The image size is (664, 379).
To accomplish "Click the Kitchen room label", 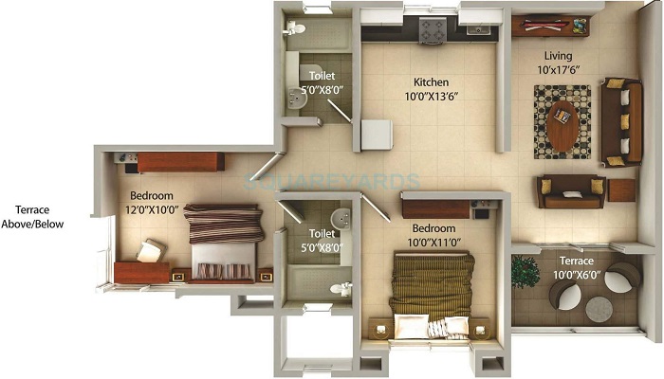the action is point(431,82).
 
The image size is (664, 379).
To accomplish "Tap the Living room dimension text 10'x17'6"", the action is point(558,70).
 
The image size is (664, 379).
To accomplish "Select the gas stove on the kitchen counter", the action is point(433,30).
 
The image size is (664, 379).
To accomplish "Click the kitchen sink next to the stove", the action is point(479,29).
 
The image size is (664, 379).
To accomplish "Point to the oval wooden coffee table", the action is point(563,126).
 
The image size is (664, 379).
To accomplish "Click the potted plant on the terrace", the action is point(525,272).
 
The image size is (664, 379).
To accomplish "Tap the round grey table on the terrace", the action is point(599,309).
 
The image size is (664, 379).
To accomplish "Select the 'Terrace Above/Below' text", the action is point(32,217).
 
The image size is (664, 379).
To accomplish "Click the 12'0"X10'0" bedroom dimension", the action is point(152,209).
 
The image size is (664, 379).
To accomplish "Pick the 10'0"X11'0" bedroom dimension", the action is point(434,243).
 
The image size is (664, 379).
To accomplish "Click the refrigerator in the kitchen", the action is point(377,135).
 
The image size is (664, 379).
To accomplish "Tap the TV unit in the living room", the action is point(550,27).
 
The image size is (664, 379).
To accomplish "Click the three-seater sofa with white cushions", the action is point(621,122).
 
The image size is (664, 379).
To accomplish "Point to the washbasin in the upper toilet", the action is point(296,99).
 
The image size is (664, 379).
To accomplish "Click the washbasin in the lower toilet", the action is point(341,219).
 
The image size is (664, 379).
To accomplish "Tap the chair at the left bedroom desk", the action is point(150,251).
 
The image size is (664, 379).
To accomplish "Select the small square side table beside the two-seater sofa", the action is point(621,190).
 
